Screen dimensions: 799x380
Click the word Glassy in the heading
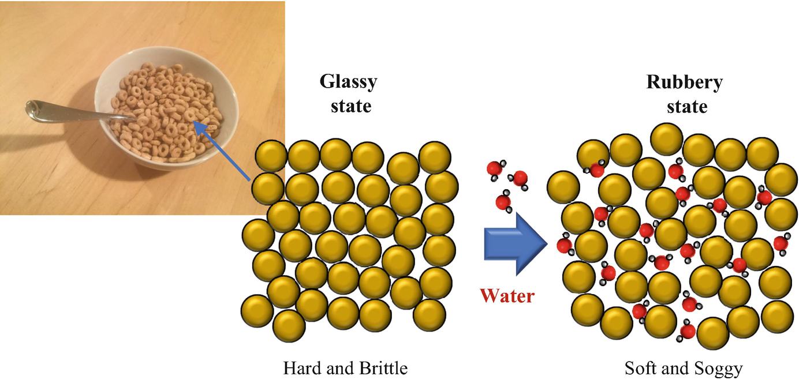pyautogui.click(x=348, y=81)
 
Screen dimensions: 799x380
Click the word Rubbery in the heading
pyautogui.click(x=684, y=82)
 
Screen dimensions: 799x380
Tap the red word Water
pyautogui.click(x=507, y=295)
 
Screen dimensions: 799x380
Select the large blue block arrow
pyautogui.click(x=514, y=243)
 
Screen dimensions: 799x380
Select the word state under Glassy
pyautogui.click(x=350, y=106)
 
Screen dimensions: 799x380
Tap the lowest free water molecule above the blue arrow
pyautogui.click(x=502, y=202)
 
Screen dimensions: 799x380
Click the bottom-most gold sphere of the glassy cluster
pyautogui.click(x=289, y=326)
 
